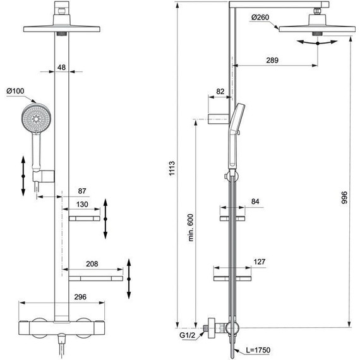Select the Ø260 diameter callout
point(261,17)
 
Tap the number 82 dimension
point(220,92)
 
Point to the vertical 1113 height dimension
point(171,169)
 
